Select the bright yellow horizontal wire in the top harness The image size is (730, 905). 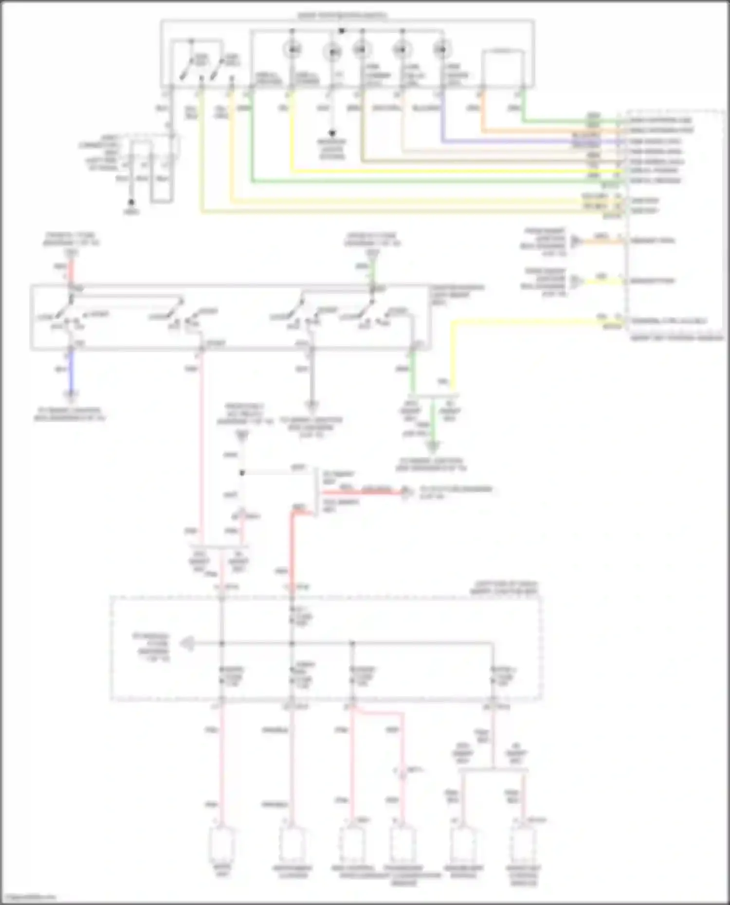(438, 171)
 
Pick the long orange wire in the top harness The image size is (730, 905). (535, 131)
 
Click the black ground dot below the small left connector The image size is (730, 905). (131, 202)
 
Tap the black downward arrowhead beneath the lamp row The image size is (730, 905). (332, 133)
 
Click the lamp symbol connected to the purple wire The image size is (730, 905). (441, 50)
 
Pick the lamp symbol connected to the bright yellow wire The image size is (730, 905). (292, 50)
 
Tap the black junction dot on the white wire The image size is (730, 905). (242, 472)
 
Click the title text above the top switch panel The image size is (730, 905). (342, 16)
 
